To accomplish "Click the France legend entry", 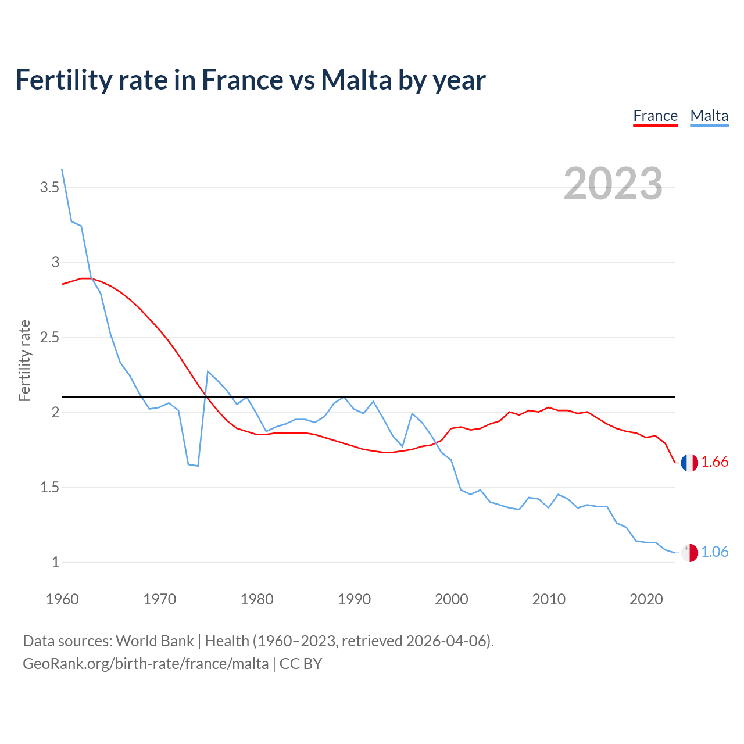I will [x=655, y=116].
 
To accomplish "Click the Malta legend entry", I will [x=709, y=116].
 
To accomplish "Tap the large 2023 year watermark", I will [x=613, y=184].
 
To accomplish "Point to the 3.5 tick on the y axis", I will [x=49, y=187].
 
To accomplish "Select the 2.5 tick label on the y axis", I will [x=49, y=337].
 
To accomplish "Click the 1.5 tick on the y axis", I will [x=49, y=487].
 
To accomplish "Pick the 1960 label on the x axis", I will [x=62, y=599].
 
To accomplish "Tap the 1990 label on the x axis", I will [x=354, y=599].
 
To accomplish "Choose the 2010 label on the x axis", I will [x=548, y=599].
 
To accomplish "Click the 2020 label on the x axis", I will [x=646, y=599].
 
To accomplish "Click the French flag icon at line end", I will [x=689, y=463].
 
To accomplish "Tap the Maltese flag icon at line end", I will [x=689, y=553].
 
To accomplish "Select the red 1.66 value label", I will [x=714, y=462].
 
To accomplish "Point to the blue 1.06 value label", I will [x=714, y=552].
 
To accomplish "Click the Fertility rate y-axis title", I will [x=24, y=360].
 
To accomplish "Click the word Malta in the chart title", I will [x=356, y=80].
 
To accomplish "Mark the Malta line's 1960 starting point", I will [x=62, y=169].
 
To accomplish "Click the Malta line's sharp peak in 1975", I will [x=208, y=371].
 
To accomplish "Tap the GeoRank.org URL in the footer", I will [x=145, y=664].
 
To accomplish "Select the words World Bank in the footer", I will [x=155, y=641].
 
